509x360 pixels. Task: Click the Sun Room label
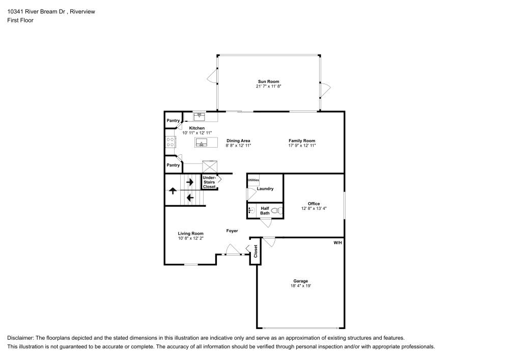[x=268, y=81]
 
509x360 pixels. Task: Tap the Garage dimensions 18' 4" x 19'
[x=300, y=286]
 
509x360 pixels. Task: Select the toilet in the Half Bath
[x=276, y=210]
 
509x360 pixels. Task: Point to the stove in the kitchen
[x=171, y=142]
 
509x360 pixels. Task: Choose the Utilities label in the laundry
[x=253, y=180]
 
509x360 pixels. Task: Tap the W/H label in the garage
[x=337, y=243]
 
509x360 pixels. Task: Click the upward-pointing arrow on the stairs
[x=172, y=191]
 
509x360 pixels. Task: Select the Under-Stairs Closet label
[x=209, y=182]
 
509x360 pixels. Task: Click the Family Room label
[x=302, y=141]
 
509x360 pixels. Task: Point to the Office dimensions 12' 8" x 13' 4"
[x=314, y=208]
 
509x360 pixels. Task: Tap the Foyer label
[x=232, y=231]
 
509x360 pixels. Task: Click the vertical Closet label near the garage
[x=256, y=251]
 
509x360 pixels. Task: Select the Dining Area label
[x=238, y=141]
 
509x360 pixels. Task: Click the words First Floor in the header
[x=20, y=20]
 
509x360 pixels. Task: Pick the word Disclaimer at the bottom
[x=21, y=338]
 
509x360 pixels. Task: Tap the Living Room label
[x=191, y=234]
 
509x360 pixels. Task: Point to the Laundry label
[x=265, y=188]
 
